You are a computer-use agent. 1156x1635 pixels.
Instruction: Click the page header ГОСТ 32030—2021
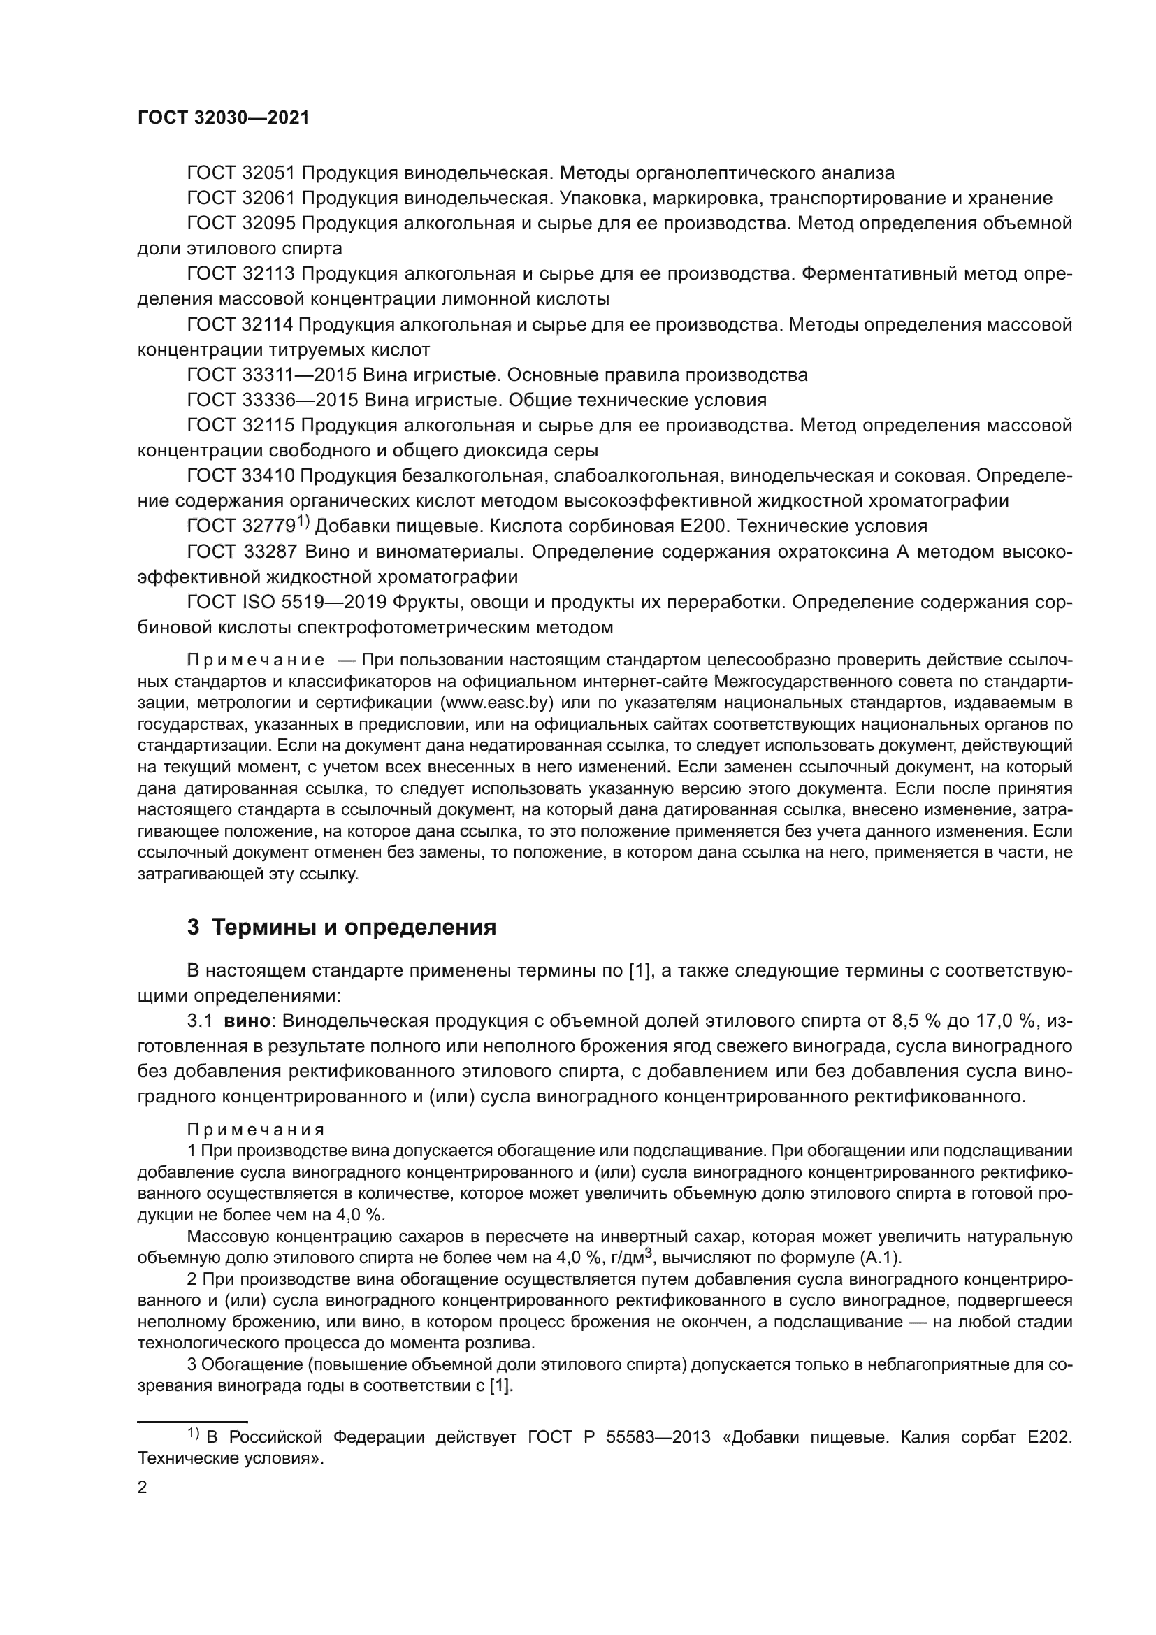click(224, 118)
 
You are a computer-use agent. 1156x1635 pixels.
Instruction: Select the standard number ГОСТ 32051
click(240, 173)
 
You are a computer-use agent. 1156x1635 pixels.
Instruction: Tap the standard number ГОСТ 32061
click(240, 198)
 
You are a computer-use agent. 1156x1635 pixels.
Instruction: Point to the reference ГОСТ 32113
click(240, 273)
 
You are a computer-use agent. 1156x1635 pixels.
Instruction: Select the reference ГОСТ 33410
click(240, 476)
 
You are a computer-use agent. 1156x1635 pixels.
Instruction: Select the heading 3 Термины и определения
click(341, 927)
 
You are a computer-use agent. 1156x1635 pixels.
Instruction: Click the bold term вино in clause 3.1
click(247, 1021)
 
